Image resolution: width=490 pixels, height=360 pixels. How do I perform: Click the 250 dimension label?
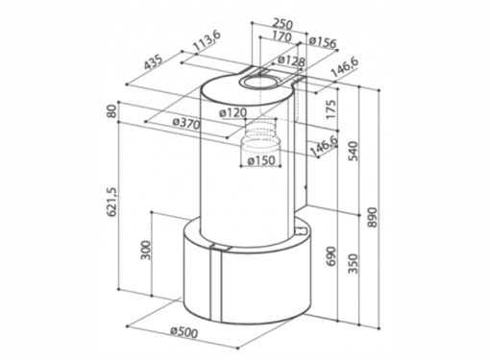tap(282, 24)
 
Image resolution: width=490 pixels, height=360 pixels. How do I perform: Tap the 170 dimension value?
tap(282, 37)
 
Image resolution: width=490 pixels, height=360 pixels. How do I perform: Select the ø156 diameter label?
tap(323, 42)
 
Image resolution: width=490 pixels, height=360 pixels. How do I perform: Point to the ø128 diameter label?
tap(291, 60)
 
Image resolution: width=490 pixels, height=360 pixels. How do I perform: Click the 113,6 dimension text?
tap(208, 41)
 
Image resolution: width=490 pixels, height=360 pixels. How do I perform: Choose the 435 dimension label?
tap(153, 62)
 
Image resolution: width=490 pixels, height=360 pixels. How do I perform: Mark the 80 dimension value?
tap(111, 111)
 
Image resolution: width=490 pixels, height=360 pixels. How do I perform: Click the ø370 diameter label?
tap(186, 123)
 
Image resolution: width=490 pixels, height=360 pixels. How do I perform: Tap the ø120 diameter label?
tap(233, 112)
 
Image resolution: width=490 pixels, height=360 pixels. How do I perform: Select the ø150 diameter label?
tap(261, 160)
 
